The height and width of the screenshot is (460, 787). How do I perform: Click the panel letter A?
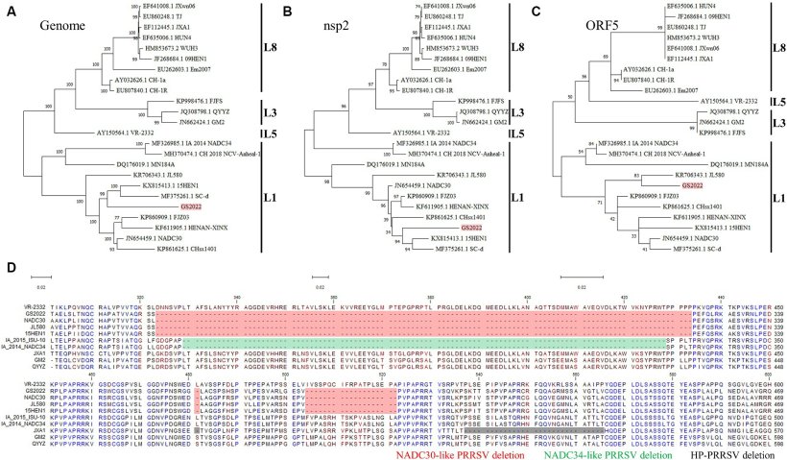click(10, 11)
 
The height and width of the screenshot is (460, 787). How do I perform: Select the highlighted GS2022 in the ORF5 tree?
click(693, 183)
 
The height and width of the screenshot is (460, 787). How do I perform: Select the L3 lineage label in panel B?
click(522, 111)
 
